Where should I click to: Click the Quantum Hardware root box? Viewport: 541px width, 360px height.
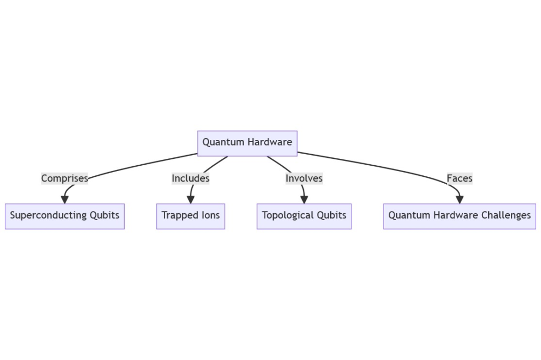click(247, 143)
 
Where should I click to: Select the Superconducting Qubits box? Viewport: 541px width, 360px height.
click(64, 216)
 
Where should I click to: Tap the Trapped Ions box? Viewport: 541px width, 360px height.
click(190, 216)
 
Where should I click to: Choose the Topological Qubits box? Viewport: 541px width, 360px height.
click(304, 216)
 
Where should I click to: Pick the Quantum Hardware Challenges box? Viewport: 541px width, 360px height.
click(459, 216)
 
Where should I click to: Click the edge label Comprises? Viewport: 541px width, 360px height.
click(64, 178)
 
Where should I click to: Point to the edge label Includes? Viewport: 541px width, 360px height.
click(190, 178)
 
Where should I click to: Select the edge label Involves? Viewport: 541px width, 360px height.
click(304, 178)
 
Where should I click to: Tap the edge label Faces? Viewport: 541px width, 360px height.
click(459, 178)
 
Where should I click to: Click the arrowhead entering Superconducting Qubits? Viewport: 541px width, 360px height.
click(64, 200)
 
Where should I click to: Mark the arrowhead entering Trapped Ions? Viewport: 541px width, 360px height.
click(190, 200)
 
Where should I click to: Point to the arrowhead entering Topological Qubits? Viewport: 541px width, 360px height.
click(304, 200)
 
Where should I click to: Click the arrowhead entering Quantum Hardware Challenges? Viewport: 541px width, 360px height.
click(459, 200)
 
